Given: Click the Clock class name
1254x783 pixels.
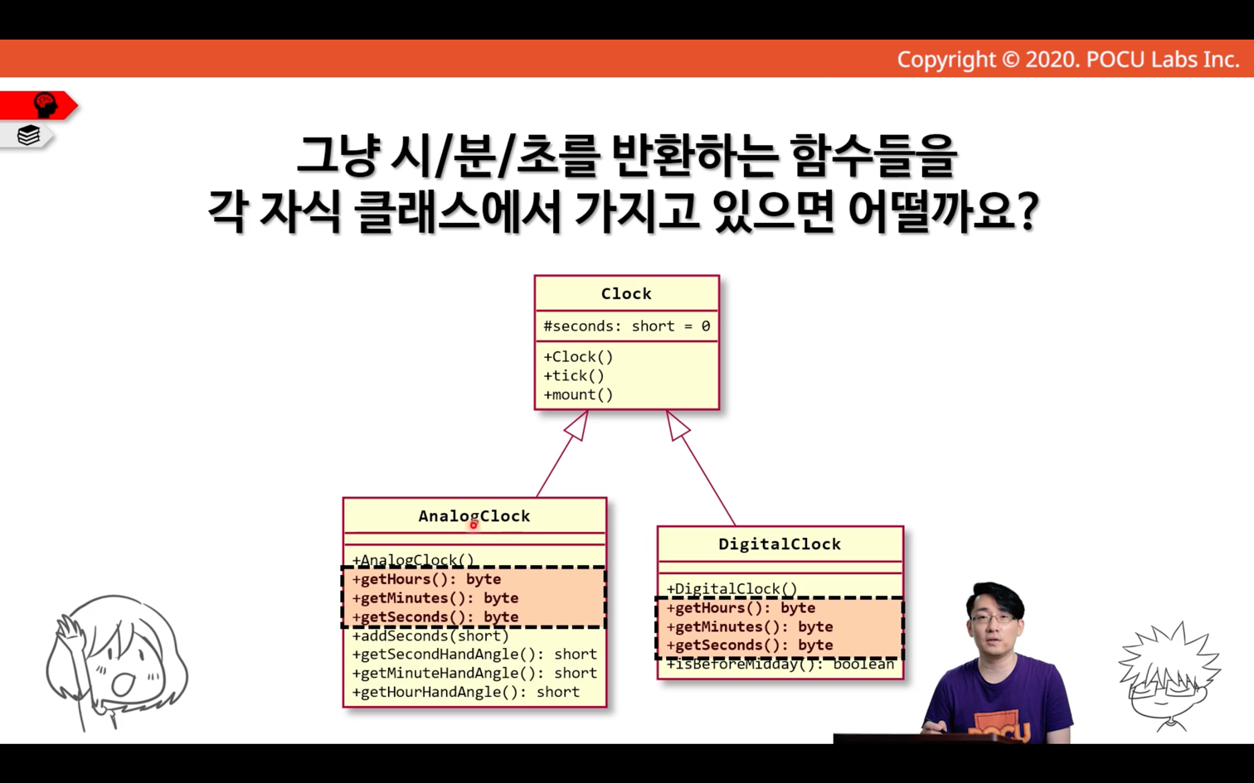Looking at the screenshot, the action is click(x=626, y=293).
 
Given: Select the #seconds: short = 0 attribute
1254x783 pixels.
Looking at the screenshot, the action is click(x=626, y=326).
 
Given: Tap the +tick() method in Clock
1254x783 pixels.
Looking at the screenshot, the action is click(x=574, y=375).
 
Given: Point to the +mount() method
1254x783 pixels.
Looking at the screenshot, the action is click(x=578, y=394).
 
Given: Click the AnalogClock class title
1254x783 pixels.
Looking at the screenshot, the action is click(x=474, y=516).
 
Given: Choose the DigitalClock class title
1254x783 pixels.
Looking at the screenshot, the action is click(x=780, y=544).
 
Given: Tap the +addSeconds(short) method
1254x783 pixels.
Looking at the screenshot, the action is click(x=430, y=636).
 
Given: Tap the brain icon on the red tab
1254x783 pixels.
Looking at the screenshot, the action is click(x=46, y=105).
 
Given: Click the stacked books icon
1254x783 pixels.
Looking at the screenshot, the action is click(x=28, y=135).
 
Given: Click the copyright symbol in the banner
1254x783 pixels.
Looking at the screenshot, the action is click(x=1010, y=60).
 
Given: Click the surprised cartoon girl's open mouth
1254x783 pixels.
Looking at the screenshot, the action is click(x=123, y=684).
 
